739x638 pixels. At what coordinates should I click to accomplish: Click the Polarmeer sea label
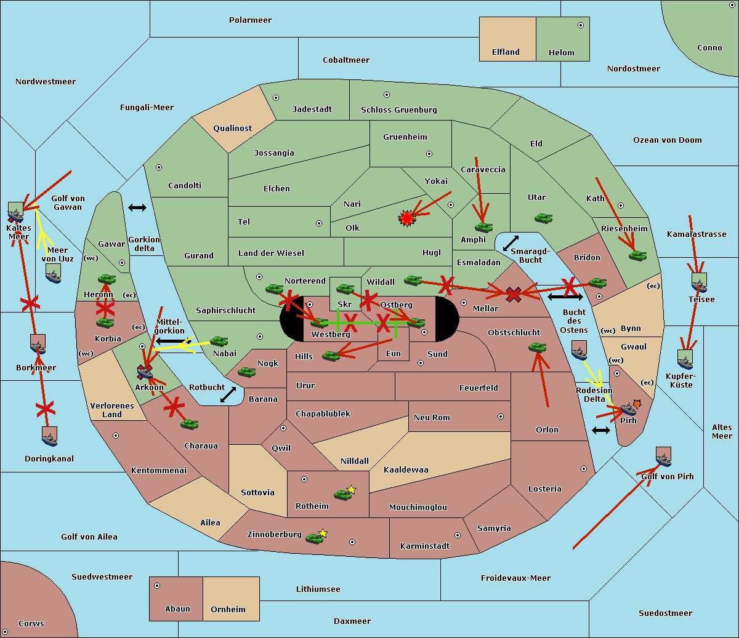(250, 20)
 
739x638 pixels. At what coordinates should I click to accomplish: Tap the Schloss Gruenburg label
(399, 110)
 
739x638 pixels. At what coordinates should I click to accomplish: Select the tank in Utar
(543, 218)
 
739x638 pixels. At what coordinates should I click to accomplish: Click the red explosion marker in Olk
(406, 218)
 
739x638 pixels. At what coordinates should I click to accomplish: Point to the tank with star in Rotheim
(345, 493)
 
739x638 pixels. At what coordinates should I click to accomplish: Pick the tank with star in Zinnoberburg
(317, 537)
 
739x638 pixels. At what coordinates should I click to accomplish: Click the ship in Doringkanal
(49, 436)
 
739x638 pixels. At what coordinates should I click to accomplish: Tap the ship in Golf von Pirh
(664, 457)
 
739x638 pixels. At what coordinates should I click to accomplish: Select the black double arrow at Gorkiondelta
(137, 207)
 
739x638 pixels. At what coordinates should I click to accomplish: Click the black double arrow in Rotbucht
(228, 395)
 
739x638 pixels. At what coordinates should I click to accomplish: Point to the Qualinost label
(232, 128)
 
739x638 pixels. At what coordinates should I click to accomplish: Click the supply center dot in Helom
(581, 25)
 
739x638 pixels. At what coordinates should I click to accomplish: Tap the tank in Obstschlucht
(538, 347)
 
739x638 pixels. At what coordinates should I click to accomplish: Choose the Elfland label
(506, 52)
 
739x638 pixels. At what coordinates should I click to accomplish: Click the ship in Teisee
(699, 282)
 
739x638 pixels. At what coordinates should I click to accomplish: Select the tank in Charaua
(189, 425)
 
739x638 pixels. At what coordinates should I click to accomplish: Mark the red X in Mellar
(514, 294)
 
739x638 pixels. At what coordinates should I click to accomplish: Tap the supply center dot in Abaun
(157, 586)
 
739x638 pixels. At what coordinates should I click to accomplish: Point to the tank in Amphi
(483, 227)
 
